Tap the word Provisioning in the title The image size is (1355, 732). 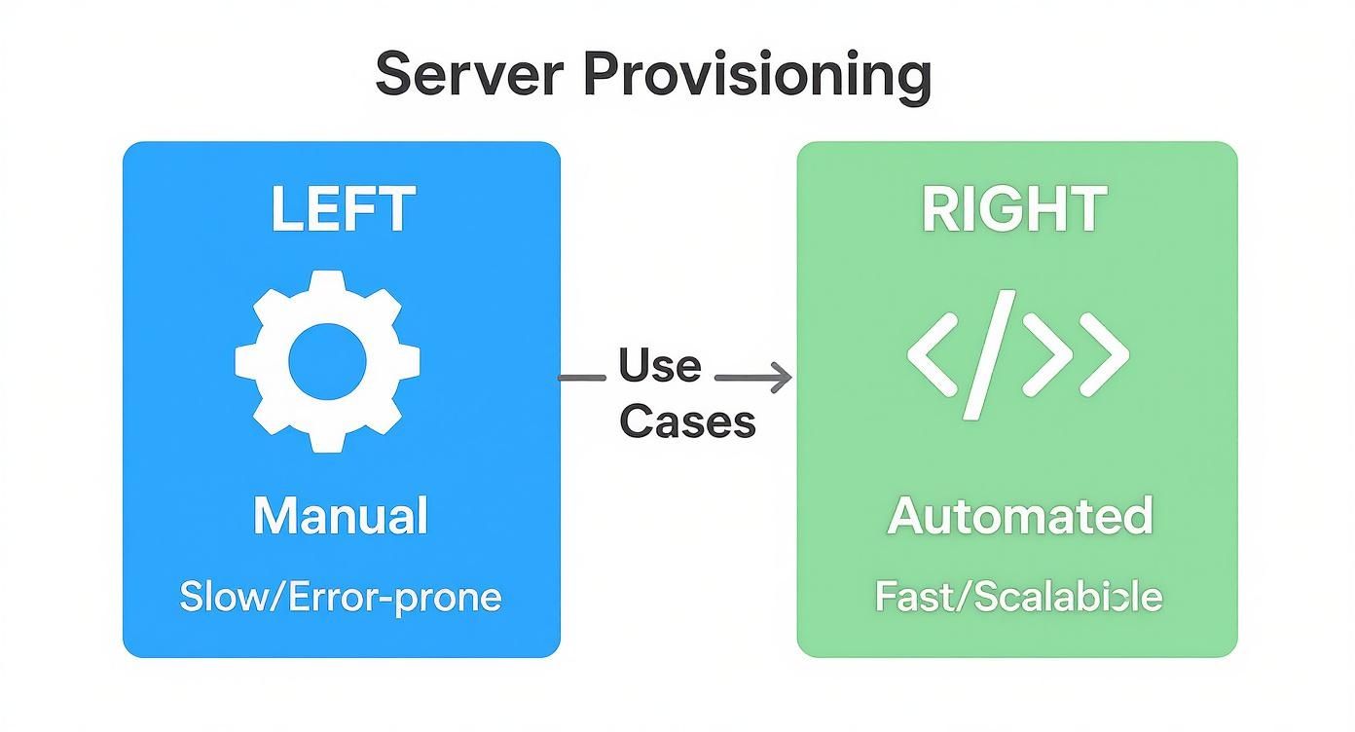[757, 77]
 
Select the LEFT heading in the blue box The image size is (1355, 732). [343, 209]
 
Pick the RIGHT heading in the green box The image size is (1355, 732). [1013, 209]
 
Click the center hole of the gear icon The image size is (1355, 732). [328, 361]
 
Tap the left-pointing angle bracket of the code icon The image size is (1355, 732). [936, 354]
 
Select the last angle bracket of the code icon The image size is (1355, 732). [1101, 354]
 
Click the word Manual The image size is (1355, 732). [341, 516]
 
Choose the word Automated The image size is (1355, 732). [1019, 516]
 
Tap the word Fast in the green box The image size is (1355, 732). [908, 596]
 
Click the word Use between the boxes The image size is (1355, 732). [659, 366]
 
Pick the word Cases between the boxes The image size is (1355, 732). [687, 421]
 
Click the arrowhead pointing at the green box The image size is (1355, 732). [782, 378]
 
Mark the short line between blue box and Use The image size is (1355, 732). [581, 377]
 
